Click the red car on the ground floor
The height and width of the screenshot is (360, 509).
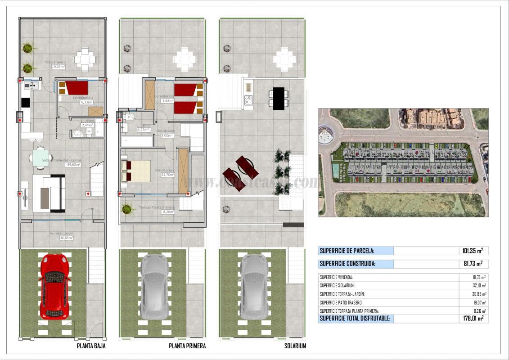click(x=54, y=286)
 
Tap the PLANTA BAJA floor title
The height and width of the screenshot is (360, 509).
click(x=91, y=346)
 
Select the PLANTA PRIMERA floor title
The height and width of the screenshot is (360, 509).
click(x=187, y=346)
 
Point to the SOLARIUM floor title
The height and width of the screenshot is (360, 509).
click(x=295, y=346)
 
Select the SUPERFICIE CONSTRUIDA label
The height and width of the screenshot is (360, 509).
click(x=347, y=264)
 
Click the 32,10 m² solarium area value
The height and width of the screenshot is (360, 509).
click(x=478, y=286)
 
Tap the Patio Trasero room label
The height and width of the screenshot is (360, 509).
click(x=54, y=63)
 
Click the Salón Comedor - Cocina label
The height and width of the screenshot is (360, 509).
click(x=62, y=160)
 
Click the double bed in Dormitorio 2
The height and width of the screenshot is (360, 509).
click(x=136, y=171)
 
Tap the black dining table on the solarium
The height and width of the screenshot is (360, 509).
click(x=279, y=98)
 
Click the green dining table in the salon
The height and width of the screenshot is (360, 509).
click(x=41, y=157)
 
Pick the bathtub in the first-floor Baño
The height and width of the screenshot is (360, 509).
click(x=138, y=141)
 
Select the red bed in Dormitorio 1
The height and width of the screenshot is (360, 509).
click(x=75, y=88)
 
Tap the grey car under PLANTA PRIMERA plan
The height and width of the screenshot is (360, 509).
click(x=154, y=286)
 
